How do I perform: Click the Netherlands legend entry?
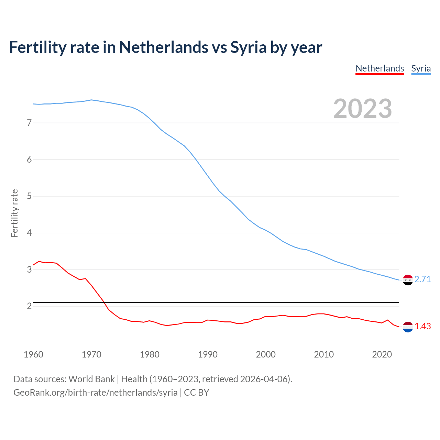(x=379, y=68)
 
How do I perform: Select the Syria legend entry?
(x=421, y=68)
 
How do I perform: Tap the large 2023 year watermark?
(x=362, y=109)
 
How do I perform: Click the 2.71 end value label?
(x=422, y=279)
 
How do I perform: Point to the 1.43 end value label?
(x=422, y=326)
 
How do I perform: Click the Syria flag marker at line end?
(x=408, y=280)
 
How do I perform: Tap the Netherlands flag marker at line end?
(x=408, y=327)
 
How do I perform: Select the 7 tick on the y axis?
(x=29, y=123)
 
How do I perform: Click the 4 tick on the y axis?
(x=29, y=233)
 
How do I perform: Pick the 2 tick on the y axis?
(x=29, y=306)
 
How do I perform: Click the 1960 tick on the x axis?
(x=33, y=354)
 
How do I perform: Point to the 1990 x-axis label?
(x=208, y=354)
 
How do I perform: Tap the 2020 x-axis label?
(x=382, y=354)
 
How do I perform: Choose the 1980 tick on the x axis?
(x=150, y=354)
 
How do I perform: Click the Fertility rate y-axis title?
(x=14, y=213)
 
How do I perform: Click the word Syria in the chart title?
(x=248, y=47)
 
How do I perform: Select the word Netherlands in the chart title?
(x=164, y=47)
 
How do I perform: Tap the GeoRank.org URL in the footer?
(x=96, y=392)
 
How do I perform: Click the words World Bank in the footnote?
(x=91, y=379)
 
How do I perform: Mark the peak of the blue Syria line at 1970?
(x=91, y=100)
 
